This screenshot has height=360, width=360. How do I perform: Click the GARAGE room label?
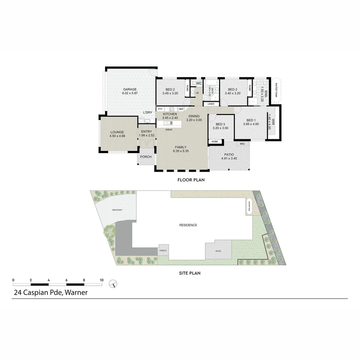point(130,89)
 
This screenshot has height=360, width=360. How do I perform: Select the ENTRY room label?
point(147,132)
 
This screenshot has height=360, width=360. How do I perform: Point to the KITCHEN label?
point(170,114)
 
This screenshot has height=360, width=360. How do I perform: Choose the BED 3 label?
point(220,124)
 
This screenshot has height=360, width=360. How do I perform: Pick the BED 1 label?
point(251,120)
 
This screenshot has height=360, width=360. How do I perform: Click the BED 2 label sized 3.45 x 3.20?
point(170,89)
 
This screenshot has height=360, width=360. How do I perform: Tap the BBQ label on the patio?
point(242,144)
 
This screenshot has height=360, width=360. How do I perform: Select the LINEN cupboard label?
point(211,104)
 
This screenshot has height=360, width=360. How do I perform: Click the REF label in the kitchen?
point(181,109)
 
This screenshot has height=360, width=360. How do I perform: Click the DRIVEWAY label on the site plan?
point(117,210)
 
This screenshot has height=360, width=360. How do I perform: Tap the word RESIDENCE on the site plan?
point(188,225)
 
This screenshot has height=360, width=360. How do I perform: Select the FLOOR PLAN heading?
point(191,180)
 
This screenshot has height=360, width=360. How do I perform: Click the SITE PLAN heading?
point(190,273)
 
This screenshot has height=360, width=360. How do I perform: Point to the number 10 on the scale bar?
point(101,280)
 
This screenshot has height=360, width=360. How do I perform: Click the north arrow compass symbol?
point(113,284)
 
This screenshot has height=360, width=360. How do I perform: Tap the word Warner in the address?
point(76,293)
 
